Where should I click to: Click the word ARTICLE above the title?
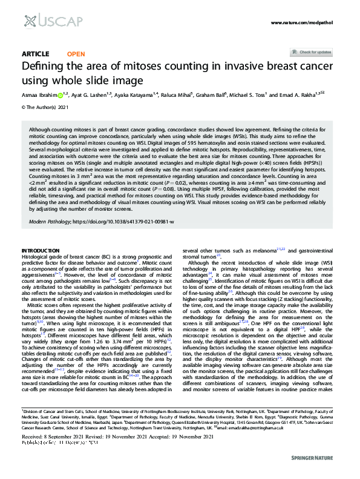pyautogui.click(x=35, y=54)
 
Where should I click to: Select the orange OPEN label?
pyautogui.click(x=76, y=54)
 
